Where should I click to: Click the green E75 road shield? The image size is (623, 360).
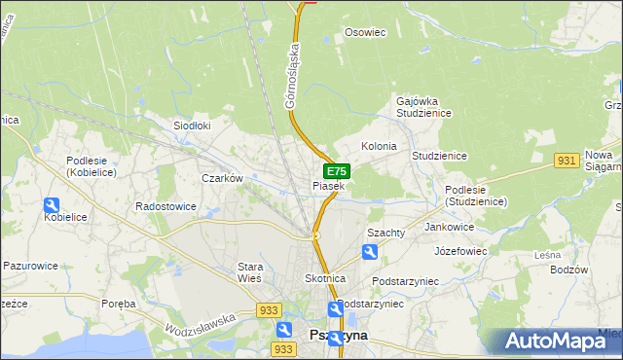click(x=337, y=171)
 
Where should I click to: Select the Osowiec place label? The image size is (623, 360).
click(x=366, y=32)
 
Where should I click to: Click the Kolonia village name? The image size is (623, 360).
click(x=379, y=146)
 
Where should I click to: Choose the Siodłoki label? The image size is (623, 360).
click(x=192, y=126)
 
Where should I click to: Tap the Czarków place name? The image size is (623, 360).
click(x=221, y=178)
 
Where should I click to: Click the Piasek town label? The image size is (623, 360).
click(x=328, y=185)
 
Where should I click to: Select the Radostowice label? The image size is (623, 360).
click(x=165, y=206)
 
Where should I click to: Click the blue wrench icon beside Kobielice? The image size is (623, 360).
click(x=52, y=205)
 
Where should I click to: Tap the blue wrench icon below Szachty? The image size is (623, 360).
click(x=370, y=252)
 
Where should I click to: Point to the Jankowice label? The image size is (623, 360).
click(x=449, y=227)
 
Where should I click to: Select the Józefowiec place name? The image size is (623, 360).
click(x=460, y=250)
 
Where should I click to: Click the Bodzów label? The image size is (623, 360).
click(x=568, y=270)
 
